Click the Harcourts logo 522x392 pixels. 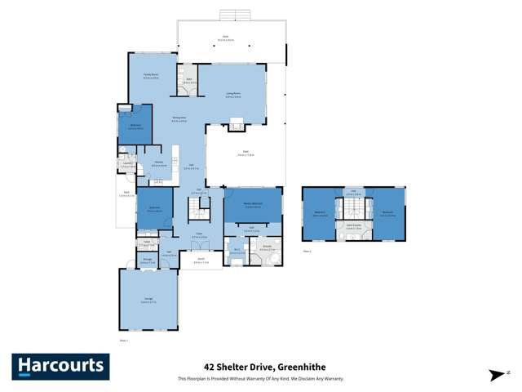pyautogui.click(x=60, y=365)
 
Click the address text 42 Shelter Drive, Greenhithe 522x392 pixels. pyautogui.click(x=261, y=368)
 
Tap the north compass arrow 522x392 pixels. pyautogui.click(x=497, y=375)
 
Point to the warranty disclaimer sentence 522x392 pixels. pyautogui.click(x=261, y=379)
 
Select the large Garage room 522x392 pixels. pyautogui.click(x=148, y=300)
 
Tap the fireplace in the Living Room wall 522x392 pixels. pyautogui.click(x=236, y=125)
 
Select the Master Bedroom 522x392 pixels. pyautogui.click(x=253, y=205)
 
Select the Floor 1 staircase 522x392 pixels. pyautogui.click(x=197, y=213)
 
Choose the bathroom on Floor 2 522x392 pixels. pyautogui.click(x=352, y=229)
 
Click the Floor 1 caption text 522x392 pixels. pyautogui.click(x=124, y=340)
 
